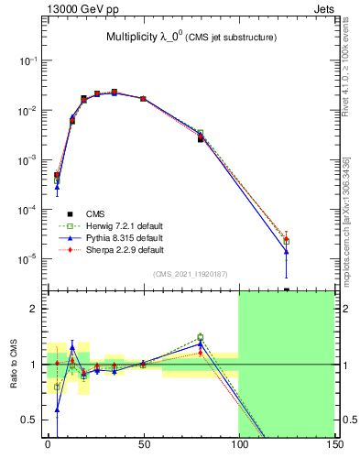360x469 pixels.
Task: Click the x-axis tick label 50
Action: click(x=143, y=445)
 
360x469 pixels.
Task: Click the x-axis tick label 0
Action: click(x=48, y=445)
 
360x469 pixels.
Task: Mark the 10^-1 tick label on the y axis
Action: click(x=28, y=60)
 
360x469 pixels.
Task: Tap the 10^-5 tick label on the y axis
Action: click(x=28, y=259)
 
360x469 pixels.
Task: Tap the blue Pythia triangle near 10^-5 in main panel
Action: click(x=287, y=251)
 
